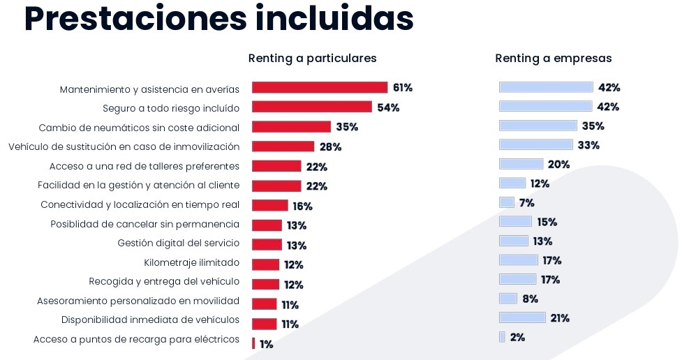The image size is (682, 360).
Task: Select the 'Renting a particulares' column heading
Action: pos(312,59)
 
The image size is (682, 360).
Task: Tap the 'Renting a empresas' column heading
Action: pos(553,59)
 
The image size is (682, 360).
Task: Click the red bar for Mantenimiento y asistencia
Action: pos(319,88)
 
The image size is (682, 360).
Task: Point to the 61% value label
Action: pos(403,88)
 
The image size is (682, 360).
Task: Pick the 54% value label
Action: pos(388,107)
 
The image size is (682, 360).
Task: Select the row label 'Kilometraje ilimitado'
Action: pos(191,263)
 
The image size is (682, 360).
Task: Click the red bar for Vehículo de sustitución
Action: pos(283,147)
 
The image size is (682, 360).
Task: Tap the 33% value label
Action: pos(588,145)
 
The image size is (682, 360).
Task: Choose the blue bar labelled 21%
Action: pos(522,318)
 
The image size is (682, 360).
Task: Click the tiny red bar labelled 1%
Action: pos(253,343)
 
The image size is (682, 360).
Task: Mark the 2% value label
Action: pos(517,337)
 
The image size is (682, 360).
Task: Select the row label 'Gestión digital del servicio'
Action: pos(178,243)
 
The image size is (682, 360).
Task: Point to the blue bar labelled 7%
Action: pos(506,202)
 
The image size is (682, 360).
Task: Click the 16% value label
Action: pos(302,207)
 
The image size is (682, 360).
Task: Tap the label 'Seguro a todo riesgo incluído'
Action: pos(171,109)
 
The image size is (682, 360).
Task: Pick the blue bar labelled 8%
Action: pos(507,299)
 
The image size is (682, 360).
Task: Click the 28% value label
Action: pos(330,147)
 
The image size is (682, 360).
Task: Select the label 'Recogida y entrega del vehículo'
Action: pos(164,282)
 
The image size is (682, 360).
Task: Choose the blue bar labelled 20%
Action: pos(521,164)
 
